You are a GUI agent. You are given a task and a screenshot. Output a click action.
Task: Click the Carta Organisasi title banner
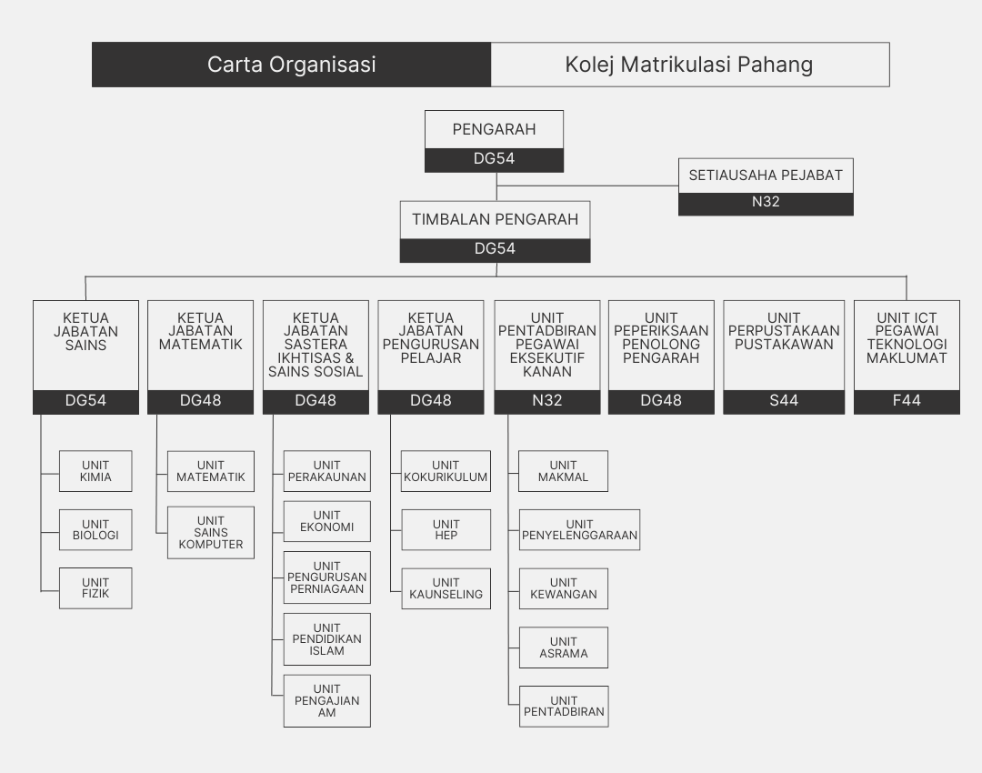pyautogui.click(x=291, y=65)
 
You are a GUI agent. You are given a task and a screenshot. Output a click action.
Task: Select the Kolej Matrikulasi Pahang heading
pyautogui.click(x=689, y=65)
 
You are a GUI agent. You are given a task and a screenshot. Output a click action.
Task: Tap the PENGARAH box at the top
pyautogui.click(x=495, y=129)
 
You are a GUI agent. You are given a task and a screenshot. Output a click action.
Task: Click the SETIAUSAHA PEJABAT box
pyautogui.click(x=766, y=176)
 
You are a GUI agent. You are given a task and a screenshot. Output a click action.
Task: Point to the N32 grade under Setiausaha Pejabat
pyautogui.click(x=766, y=203)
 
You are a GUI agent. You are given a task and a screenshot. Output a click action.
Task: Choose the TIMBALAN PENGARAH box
pyautogui.click(x=495, y=219)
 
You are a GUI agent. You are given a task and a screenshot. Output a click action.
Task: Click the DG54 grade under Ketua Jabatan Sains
pyautogui.click(x=85, y=401)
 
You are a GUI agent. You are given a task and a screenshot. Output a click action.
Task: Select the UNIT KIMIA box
pyautogui.click(x=95, y=471)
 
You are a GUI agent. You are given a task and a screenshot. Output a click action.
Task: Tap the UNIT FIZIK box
pyautogui.click(x=95, y=588)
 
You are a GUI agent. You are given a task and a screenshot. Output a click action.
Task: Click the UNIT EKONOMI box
pyautogui.click(x=326, y=521)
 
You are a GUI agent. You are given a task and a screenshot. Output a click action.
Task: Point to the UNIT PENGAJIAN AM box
pyautogui.click(x=326, y=700)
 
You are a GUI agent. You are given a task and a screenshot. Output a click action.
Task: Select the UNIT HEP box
pyautogui.click(x=446, y=529)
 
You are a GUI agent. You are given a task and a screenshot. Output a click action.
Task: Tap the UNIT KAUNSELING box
pyautogui.click(x=446, y=588)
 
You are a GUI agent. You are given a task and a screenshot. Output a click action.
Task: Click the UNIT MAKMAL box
pyautogui.click(x=563, y=471)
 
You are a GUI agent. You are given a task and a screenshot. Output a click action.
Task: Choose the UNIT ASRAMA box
pyautogui.click(x=563, y=648)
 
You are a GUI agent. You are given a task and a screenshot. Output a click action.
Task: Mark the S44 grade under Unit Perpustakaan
pyautogui.click(x=783, y=401)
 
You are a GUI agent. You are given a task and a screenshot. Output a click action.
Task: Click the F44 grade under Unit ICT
pyautogui.click(x=907, y=401)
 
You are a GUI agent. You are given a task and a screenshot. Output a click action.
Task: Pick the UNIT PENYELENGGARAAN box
pyautogui.click(x=579, y=529)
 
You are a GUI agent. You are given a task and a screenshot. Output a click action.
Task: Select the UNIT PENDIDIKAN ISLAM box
pyautogui.click(x=326, y=638)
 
